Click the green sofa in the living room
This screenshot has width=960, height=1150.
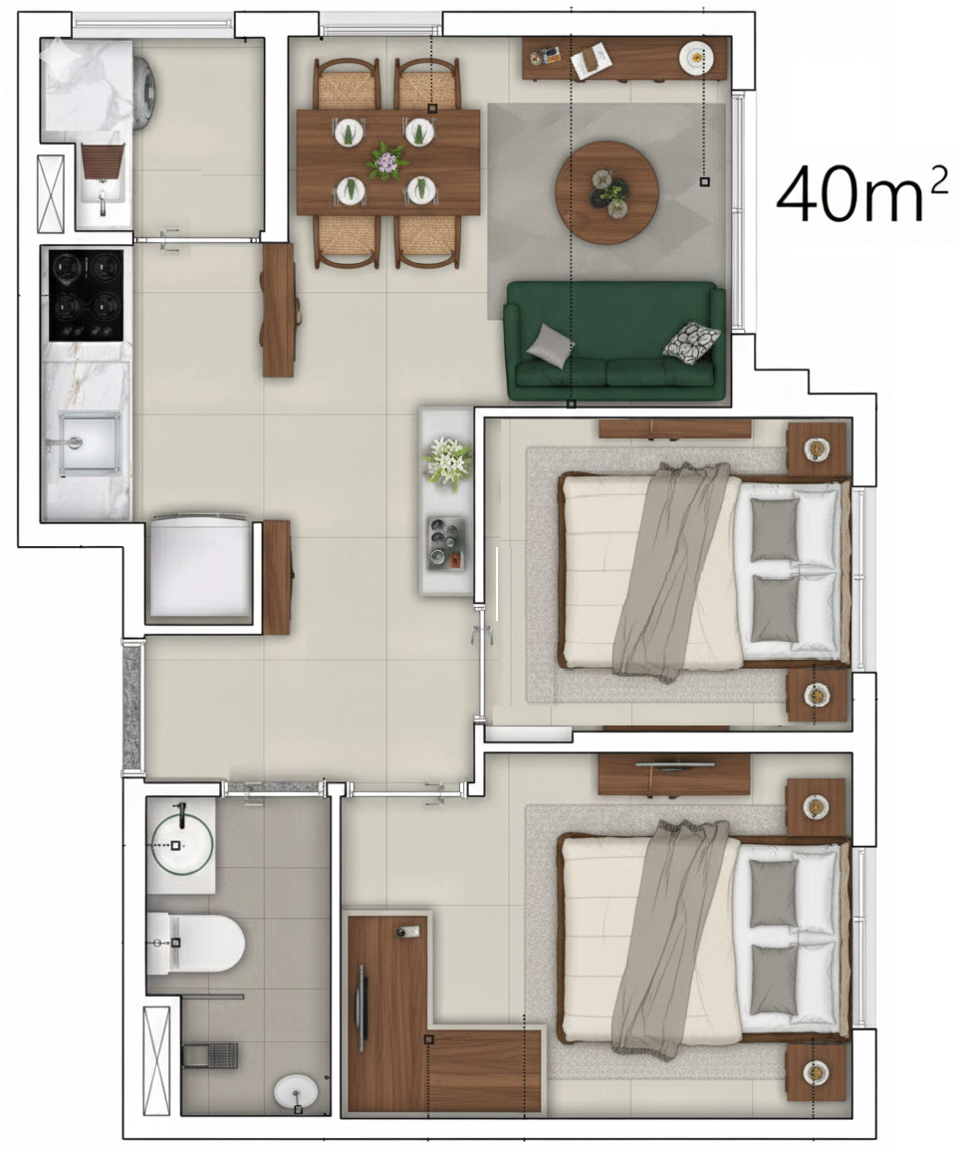click(x=614, y=342)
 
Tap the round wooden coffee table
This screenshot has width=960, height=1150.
click(x=606, y=192)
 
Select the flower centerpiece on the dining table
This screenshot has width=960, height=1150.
click(x=386, y=161)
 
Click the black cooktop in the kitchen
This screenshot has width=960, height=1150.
click(x=86, y=296)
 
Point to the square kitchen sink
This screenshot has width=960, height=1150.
click(x=89, y=443)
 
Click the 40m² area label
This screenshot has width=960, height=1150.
click(x=861, y=193)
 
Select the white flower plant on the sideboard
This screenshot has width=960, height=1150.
click(x=447, y=462)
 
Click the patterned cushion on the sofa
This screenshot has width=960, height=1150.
click(x=691, y=342)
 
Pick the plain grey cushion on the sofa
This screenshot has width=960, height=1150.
click(x=551, y=345)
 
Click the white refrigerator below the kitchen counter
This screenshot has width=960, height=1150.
click(x=199, y=566)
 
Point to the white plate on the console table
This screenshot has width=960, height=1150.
click(x=695, y=58)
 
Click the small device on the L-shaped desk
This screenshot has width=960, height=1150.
click(x=408, y=932)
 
